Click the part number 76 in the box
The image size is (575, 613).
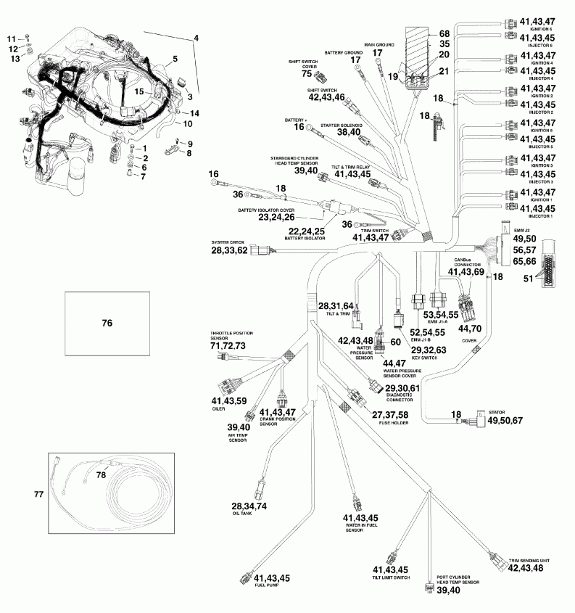point(107,324)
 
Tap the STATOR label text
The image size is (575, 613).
point(497,411)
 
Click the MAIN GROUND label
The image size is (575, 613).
point(378,45)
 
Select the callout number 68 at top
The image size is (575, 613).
point(444,34)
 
